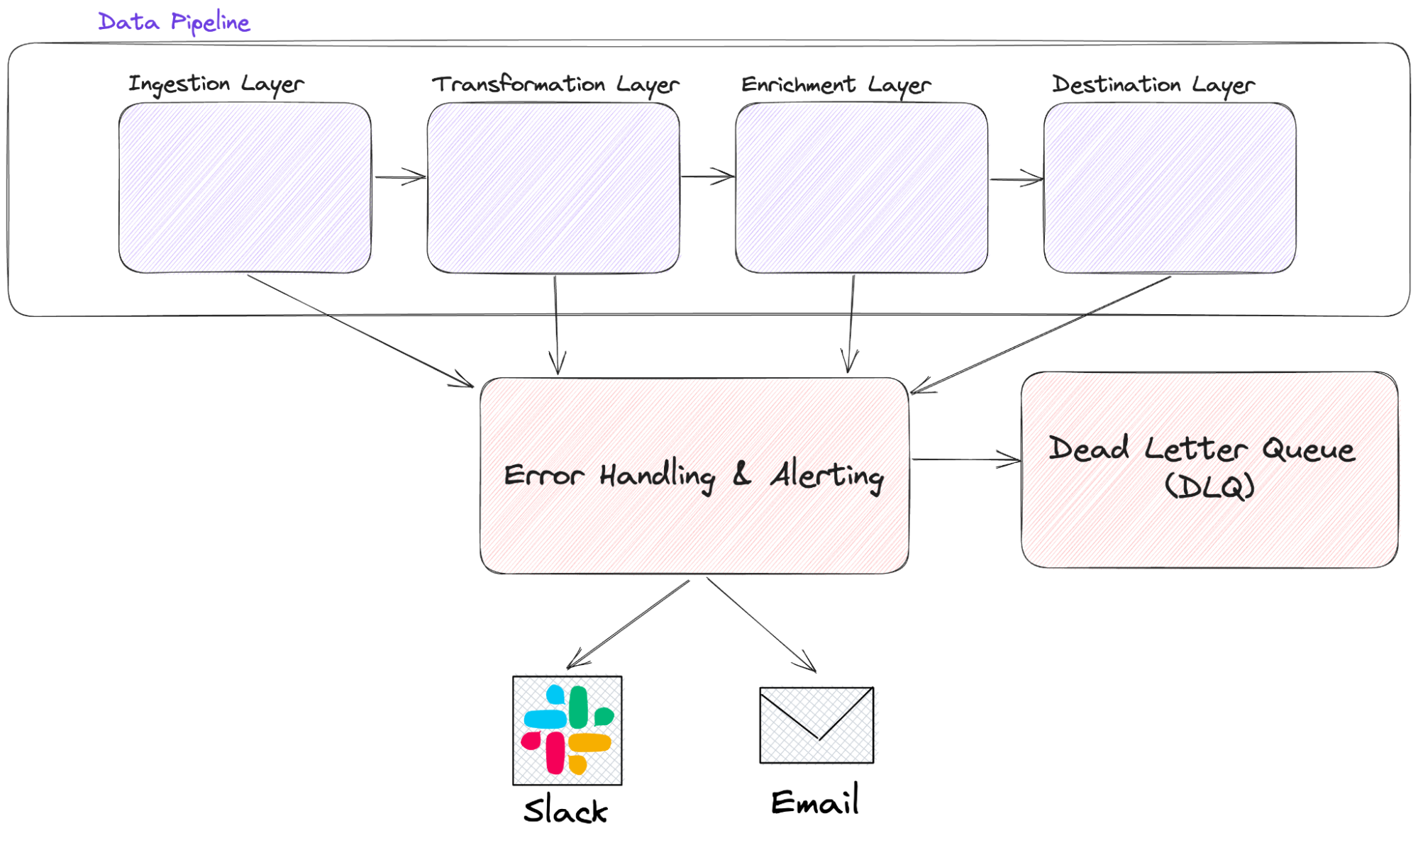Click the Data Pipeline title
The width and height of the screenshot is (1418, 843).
174,22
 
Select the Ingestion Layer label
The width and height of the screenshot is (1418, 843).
216,84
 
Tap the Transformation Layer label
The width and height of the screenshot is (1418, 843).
555,84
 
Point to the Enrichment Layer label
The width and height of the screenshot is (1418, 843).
836,85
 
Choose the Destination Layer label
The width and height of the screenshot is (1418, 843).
1153,85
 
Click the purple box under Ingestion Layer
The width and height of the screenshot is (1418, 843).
245,188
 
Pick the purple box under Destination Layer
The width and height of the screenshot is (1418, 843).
1169,188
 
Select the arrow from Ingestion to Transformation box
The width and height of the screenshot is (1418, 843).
399,177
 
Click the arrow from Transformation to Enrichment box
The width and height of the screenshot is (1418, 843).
707,177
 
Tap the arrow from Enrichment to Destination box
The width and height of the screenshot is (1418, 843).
1016,179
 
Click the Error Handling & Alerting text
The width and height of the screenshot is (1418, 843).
694,475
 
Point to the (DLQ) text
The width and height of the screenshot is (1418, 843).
1209,486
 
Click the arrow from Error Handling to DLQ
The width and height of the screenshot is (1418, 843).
965,459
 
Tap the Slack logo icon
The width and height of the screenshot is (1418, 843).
567,730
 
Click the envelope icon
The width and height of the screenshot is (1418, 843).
816,725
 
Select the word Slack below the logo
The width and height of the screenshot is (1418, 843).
565,810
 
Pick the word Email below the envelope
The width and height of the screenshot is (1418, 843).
814,802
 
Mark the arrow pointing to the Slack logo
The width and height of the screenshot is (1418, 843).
627,624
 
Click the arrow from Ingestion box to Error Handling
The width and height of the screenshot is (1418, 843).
360,331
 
